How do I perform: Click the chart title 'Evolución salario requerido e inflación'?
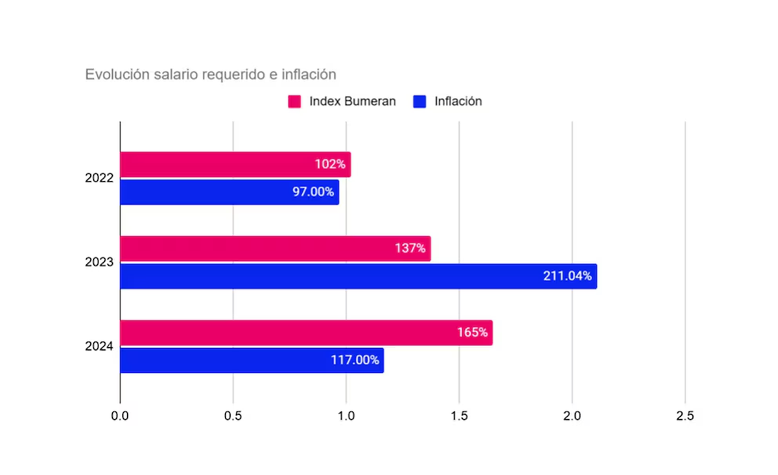211,75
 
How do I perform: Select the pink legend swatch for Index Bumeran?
294,102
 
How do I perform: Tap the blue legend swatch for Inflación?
419,102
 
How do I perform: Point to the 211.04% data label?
567,276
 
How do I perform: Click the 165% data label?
471,332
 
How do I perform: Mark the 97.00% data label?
313,192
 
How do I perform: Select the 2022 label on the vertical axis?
99,178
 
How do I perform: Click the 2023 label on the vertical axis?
99,262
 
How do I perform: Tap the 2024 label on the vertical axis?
99,347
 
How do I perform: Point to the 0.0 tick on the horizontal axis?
120,416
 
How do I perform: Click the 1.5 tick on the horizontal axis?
459,416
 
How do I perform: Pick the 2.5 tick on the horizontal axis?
685,416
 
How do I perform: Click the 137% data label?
410,249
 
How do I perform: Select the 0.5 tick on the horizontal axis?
233,416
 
